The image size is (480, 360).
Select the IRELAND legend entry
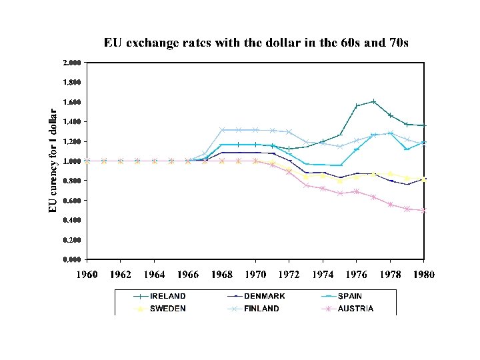click(167, 296)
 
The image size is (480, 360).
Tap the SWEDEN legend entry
click(167, 309)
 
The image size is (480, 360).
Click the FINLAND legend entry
click(261, 309)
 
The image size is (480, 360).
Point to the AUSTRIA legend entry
click(355, 309)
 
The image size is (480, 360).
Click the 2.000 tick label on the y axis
click(71, 63)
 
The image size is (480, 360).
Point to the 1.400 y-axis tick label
click(71, 122)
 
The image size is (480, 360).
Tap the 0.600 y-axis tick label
click(71, 201)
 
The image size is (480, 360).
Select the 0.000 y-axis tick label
click(71, 259)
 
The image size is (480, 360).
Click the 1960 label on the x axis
click(87, 274)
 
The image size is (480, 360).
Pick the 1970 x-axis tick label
click(255, 274)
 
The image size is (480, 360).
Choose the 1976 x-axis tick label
click(357, 274)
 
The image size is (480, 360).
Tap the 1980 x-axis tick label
click(423, 274)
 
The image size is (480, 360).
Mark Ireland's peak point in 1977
click(373, 101)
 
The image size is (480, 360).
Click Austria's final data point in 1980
click(424, 210)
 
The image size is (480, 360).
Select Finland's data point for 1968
click(222, 130)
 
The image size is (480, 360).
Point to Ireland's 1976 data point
click(357, 106)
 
